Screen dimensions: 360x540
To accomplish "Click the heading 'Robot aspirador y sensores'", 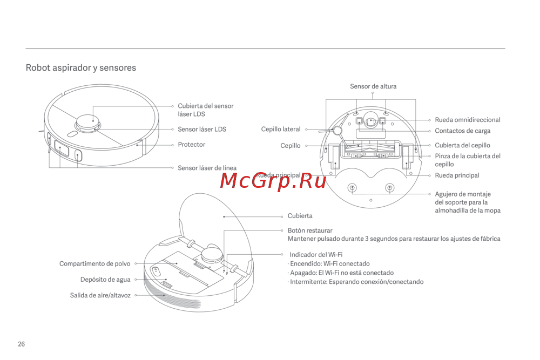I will coord(81,68).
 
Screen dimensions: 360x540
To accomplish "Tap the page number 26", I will coord(21,344).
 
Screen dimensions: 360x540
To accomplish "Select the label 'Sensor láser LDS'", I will coord(202,130).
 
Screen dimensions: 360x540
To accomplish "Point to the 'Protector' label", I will coord(192,145).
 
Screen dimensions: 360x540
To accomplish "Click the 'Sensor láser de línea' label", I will coord(207,168).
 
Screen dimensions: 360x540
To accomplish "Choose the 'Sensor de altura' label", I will coord(373,86).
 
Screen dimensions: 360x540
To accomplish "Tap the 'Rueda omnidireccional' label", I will coord(468,120).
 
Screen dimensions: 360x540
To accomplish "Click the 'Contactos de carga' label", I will coord(463,131).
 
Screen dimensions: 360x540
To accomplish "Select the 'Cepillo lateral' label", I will coord(281,130).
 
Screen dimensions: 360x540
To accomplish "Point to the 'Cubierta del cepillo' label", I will coord(463,145).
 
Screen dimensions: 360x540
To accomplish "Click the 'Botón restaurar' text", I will coord(310,230).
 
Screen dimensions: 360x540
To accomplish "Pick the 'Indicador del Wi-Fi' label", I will coord(316,255).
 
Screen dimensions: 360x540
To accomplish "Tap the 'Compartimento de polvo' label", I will coord(95,264).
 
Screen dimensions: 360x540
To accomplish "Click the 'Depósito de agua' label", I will coord(105,280).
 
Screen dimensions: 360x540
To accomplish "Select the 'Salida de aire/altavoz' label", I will coord(100,295).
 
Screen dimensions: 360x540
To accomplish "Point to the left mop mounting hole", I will coord(352,188).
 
